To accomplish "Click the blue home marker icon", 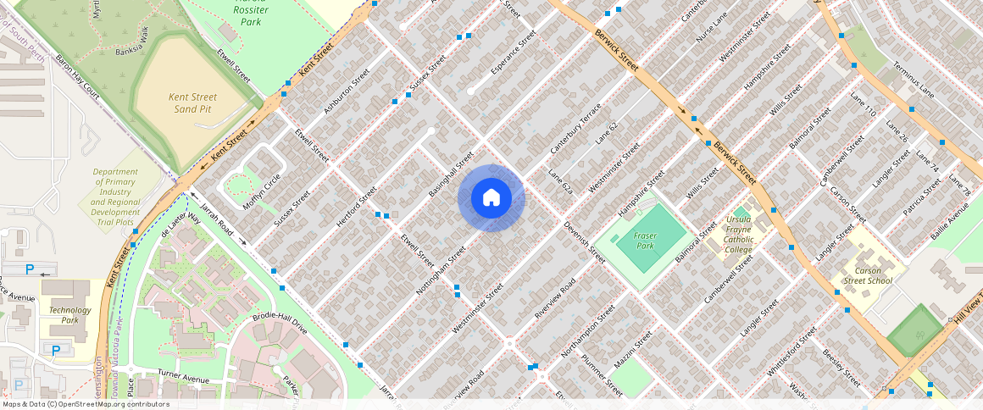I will (491, 198).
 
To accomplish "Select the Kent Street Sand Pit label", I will (192, 103).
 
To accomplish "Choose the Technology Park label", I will (69, 315).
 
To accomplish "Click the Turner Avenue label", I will (183, 378).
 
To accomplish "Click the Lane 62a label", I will (560, 184).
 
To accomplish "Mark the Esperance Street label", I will (514, 53).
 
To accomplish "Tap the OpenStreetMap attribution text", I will (85, 404).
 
